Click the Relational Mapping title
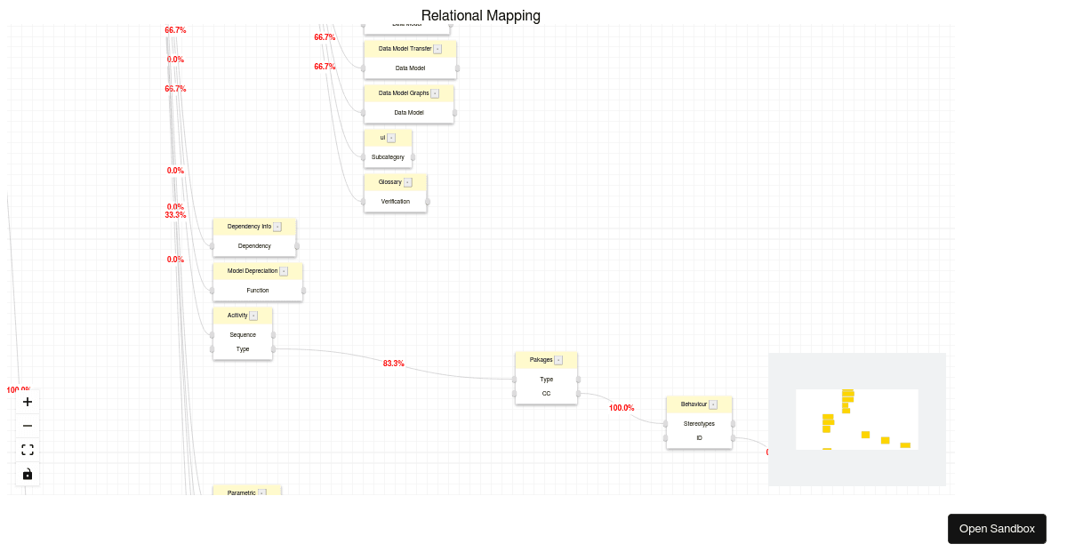[x=480, y=16]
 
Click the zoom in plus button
[x=28, y=402]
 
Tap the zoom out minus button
[x=28, y=426]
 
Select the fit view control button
[x=28, y=450]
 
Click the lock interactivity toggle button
[x=28, y=474]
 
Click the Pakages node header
[x=542, y=360]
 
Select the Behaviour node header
[x=694, y=404]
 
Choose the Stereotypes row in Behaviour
[x=699, y=424]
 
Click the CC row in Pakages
[x=546, y=394]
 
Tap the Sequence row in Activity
[x=243, y=335]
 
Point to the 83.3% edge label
[x=394, y=364]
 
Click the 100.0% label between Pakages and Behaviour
[x=622, y=408]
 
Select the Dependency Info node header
[x=250, y=227]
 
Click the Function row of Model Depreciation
[x=258, y=291]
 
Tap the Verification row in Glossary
[x=396, y=202]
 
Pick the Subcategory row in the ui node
[x=388, y=157]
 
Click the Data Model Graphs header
[x=404, y=93]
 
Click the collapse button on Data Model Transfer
[x=437, y=49]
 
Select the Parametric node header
[x=242, y=492]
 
